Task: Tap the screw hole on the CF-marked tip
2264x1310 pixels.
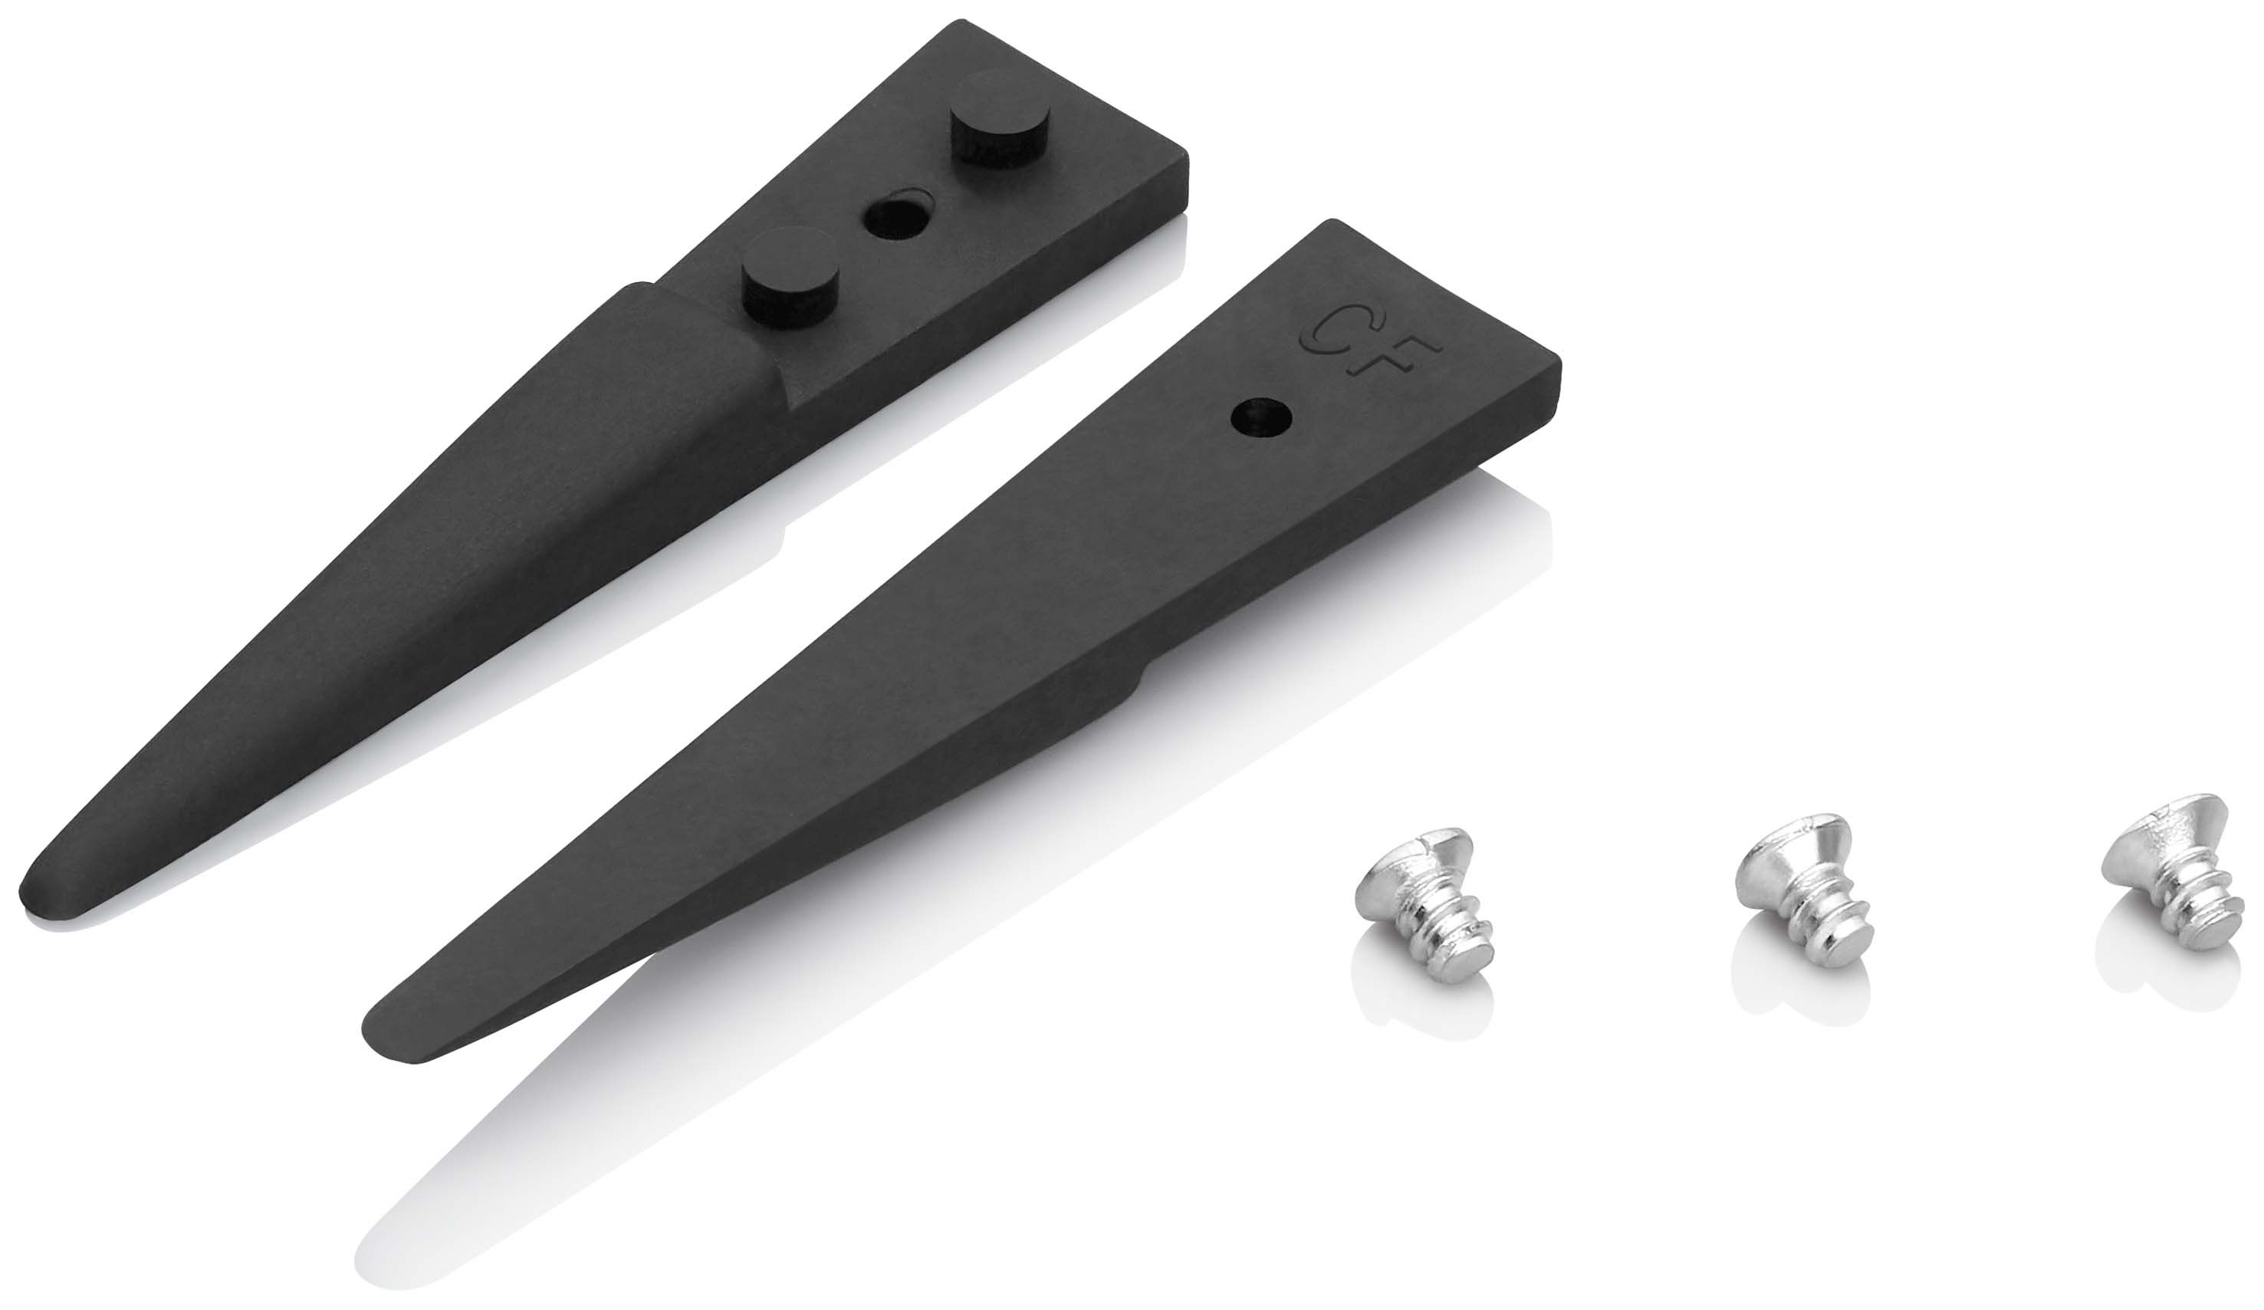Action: pyautogui.click(x=1260, y=418)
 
